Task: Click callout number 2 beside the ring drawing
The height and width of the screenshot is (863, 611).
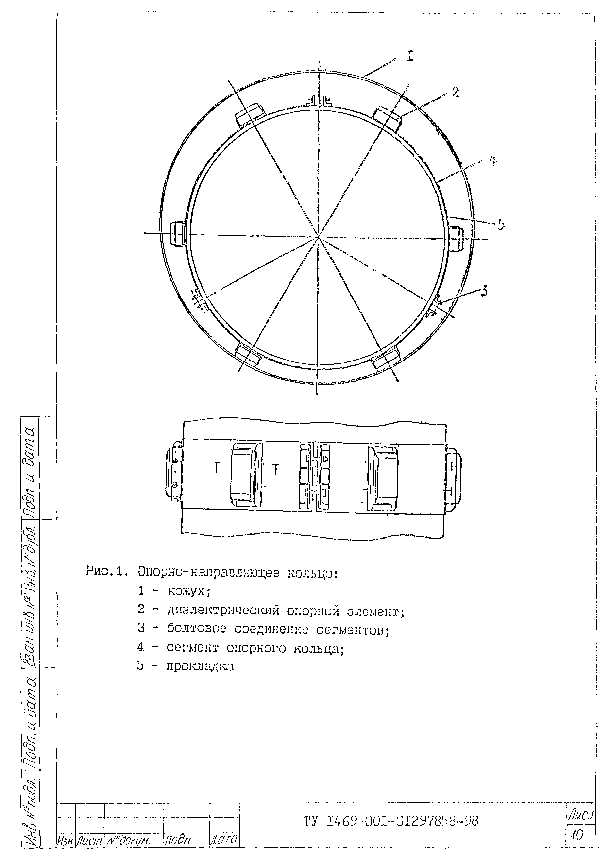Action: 455,93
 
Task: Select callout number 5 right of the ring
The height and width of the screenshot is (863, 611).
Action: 502,224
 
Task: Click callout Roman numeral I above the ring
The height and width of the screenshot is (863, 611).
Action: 409,56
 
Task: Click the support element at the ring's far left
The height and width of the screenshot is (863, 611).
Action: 177,234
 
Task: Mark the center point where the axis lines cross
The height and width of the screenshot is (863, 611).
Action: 318,237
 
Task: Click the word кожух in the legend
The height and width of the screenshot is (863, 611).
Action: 188,592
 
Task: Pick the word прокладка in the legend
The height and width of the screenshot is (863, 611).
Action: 200,666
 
